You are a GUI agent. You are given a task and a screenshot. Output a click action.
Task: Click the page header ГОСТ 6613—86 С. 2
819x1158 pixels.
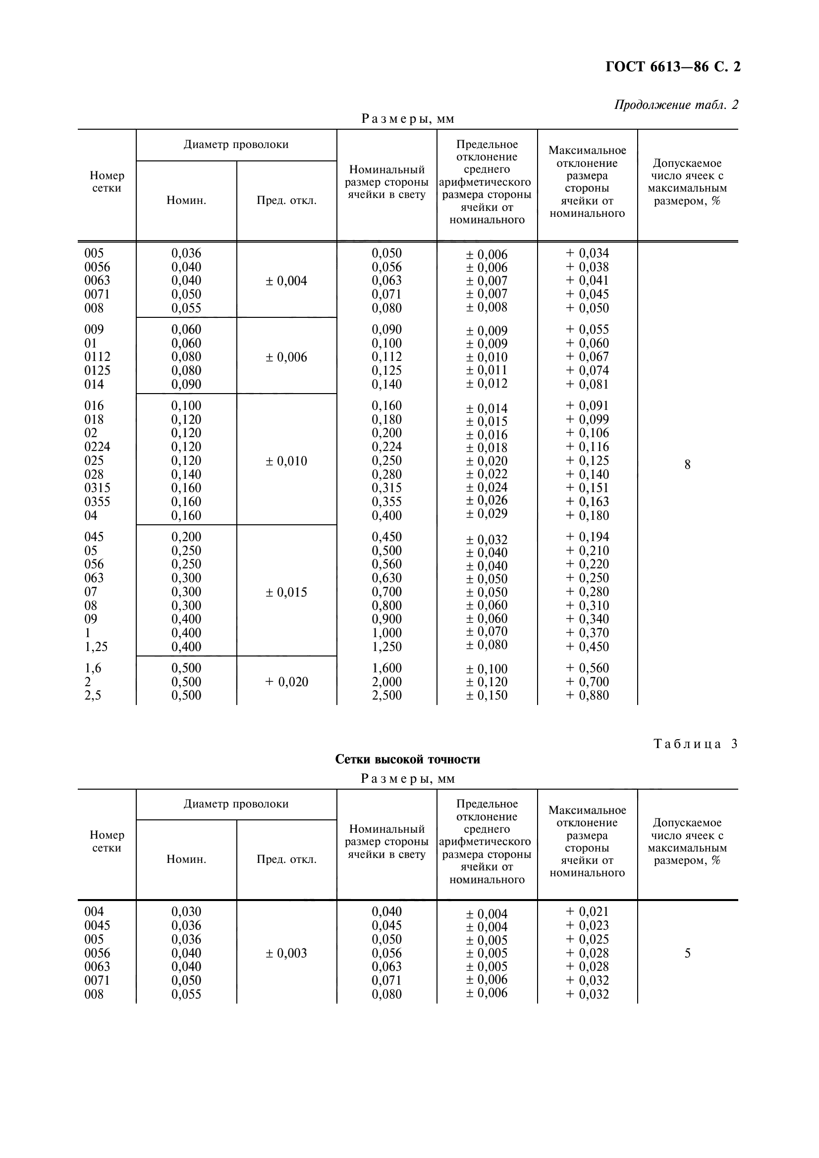[673, 67]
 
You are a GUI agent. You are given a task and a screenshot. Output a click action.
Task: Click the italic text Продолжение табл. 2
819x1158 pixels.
[676, 105]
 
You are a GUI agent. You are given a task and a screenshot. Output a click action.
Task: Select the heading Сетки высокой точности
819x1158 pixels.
[407, 759]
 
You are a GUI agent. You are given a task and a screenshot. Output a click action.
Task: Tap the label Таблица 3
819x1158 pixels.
[695, 744]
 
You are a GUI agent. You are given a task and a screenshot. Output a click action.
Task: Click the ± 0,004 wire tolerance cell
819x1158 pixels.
[286, 281]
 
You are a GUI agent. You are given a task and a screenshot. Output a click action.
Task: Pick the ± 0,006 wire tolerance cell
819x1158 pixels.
[286, 357]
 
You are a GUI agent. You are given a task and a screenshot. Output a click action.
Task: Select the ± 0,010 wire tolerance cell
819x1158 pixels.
[286, 461]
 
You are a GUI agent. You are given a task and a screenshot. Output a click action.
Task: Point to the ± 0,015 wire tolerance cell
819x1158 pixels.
[286, 592]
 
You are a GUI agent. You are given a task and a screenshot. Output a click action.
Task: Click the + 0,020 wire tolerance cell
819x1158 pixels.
[286, 682]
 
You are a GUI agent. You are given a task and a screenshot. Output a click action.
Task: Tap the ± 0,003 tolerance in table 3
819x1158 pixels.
[286, 953]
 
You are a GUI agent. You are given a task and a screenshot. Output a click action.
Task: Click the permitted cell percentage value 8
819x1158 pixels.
[687, 464]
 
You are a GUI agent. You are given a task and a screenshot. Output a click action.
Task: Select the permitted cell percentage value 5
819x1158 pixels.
[687, 953]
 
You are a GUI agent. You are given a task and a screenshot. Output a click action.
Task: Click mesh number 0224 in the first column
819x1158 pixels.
[97, 447]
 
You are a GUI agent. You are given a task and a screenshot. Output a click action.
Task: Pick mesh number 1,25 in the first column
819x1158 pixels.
[96, 647]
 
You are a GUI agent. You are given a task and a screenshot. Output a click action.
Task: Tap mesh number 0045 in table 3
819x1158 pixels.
[97, 925]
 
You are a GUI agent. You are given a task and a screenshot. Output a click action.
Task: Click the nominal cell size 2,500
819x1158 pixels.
[386, 695]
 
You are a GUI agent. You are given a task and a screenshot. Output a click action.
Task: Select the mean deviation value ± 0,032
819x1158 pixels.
[487, 540]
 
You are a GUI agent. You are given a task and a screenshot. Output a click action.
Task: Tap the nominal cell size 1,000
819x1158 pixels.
[386, 633]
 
